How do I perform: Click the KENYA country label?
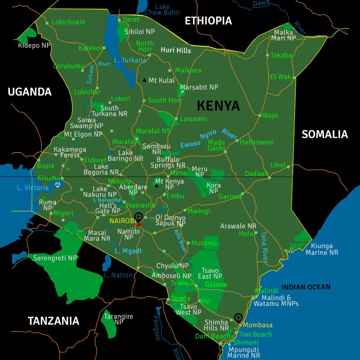(218, 106)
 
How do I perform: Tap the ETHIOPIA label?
(208, 21)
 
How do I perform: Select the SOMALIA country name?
(324, 134)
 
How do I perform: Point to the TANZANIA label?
(53, 321)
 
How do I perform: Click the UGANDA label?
(30, 92)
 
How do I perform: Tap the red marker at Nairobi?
(139, 224)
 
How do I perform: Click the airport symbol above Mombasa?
(238, 317)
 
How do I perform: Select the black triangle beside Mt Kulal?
(144, 80)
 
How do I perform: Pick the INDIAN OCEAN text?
(306, 287)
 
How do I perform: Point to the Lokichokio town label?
(68, 22)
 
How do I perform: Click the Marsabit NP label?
(199, 87)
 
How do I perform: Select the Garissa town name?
(230, 197)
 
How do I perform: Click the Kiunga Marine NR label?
(322, 249)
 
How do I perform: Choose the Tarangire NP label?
(118, 319)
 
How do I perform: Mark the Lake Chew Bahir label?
(162, 9)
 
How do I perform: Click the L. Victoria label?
(32, 188)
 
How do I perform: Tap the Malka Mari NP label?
(283, 35)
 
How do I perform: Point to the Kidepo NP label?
(34, 45)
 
